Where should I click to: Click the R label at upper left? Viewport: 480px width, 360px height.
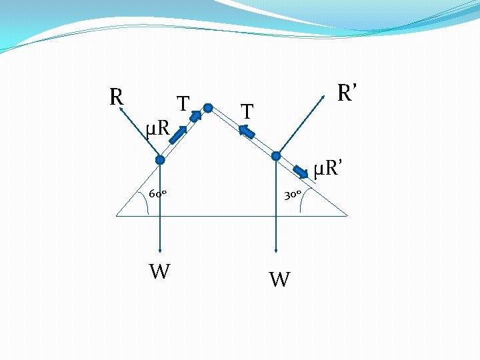point(116,97)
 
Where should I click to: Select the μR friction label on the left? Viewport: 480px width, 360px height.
point(159,125)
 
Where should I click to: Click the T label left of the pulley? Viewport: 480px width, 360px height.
point(183,104)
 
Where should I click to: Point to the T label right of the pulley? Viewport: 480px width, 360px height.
point(247,112)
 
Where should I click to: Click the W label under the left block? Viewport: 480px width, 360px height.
point(159,272)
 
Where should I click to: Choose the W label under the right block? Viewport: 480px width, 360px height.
point(279,279)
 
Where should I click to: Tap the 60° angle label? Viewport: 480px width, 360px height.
point(157,194)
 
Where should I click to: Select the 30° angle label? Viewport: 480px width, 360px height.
point(293,195)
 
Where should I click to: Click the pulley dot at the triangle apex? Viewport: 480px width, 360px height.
point(208,107)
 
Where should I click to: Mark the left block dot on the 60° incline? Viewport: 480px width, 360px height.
point(160,160)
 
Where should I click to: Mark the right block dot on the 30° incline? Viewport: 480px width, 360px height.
point(276,156)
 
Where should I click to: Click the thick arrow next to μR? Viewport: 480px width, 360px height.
point(177,135)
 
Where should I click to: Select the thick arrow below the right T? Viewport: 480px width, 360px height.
point(247,133)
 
